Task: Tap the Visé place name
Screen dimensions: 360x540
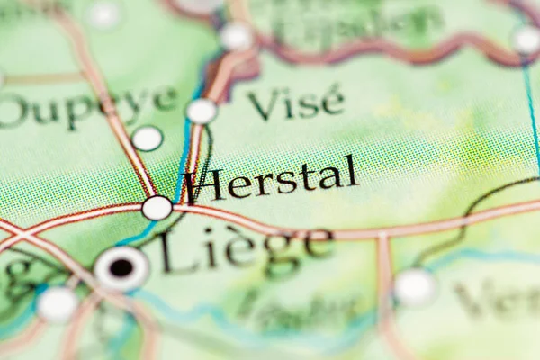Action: pos(295,103)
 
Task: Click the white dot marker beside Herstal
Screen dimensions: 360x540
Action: pos(157,208)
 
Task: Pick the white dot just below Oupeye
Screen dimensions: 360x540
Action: pos(147,139)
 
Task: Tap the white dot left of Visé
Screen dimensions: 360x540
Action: pos(202,111)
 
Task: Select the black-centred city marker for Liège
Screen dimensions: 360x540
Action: pos(121,267)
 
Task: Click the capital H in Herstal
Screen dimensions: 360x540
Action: pos(203,185)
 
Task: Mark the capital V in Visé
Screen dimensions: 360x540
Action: pos(262,105)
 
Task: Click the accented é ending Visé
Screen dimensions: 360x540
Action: pos(332,101)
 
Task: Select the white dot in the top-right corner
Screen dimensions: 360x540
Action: pos(526,40)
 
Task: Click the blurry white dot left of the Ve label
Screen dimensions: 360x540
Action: pos(416,287)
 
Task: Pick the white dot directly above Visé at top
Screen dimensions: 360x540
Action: pos(237,36)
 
